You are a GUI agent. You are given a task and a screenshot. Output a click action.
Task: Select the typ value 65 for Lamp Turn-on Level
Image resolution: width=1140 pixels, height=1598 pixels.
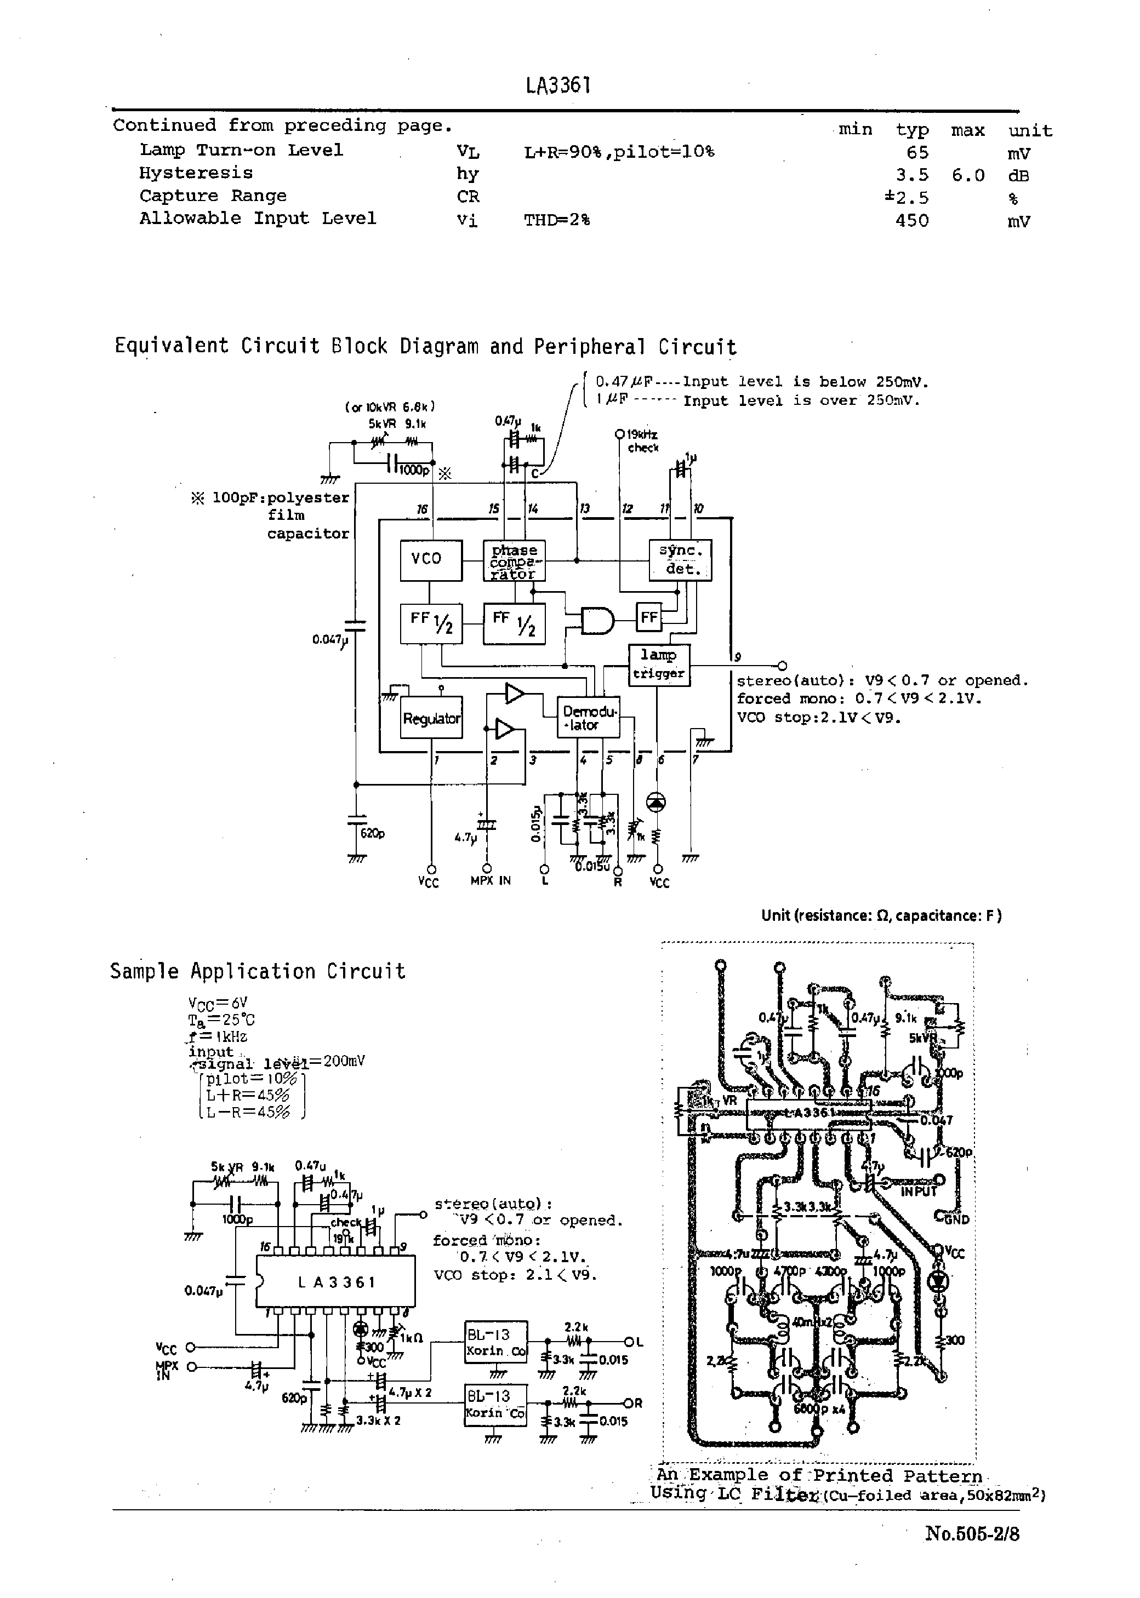(x=917, y=152)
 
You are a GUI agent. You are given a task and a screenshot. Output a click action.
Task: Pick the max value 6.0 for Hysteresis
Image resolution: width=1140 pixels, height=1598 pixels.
(x=968, y=175)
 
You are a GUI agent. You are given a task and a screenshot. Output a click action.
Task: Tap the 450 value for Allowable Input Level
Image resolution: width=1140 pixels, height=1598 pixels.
(x=912, y=220)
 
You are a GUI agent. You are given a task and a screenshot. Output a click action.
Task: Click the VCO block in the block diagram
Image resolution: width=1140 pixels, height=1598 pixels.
(x=431, y=560)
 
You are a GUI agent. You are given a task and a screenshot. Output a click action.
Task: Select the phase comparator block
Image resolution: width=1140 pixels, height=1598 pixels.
(x=514, y=560)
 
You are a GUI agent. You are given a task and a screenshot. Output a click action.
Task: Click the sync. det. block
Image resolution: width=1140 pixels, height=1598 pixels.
(x=680, y=560)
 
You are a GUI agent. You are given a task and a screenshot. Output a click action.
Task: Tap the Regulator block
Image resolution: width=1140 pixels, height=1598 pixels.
(x=431, y=718)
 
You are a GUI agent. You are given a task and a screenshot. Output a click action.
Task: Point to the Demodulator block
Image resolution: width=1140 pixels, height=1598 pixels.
(x=588, y=718)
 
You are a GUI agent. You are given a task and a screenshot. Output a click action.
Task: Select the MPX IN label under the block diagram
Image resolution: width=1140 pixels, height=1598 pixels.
(x=490, y=880)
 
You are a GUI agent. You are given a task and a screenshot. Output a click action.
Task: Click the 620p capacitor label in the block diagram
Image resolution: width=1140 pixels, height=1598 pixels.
(x=372, y=833)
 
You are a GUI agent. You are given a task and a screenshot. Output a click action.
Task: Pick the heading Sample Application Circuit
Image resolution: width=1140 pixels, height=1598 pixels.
(x=258, y=972)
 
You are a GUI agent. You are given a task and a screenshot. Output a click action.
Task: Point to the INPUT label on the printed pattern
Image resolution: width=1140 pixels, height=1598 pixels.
(x=919, y=1191)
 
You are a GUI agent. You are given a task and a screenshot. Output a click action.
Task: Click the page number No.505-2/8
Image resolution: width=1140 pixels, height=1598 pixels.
(x=972, y=1533)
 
